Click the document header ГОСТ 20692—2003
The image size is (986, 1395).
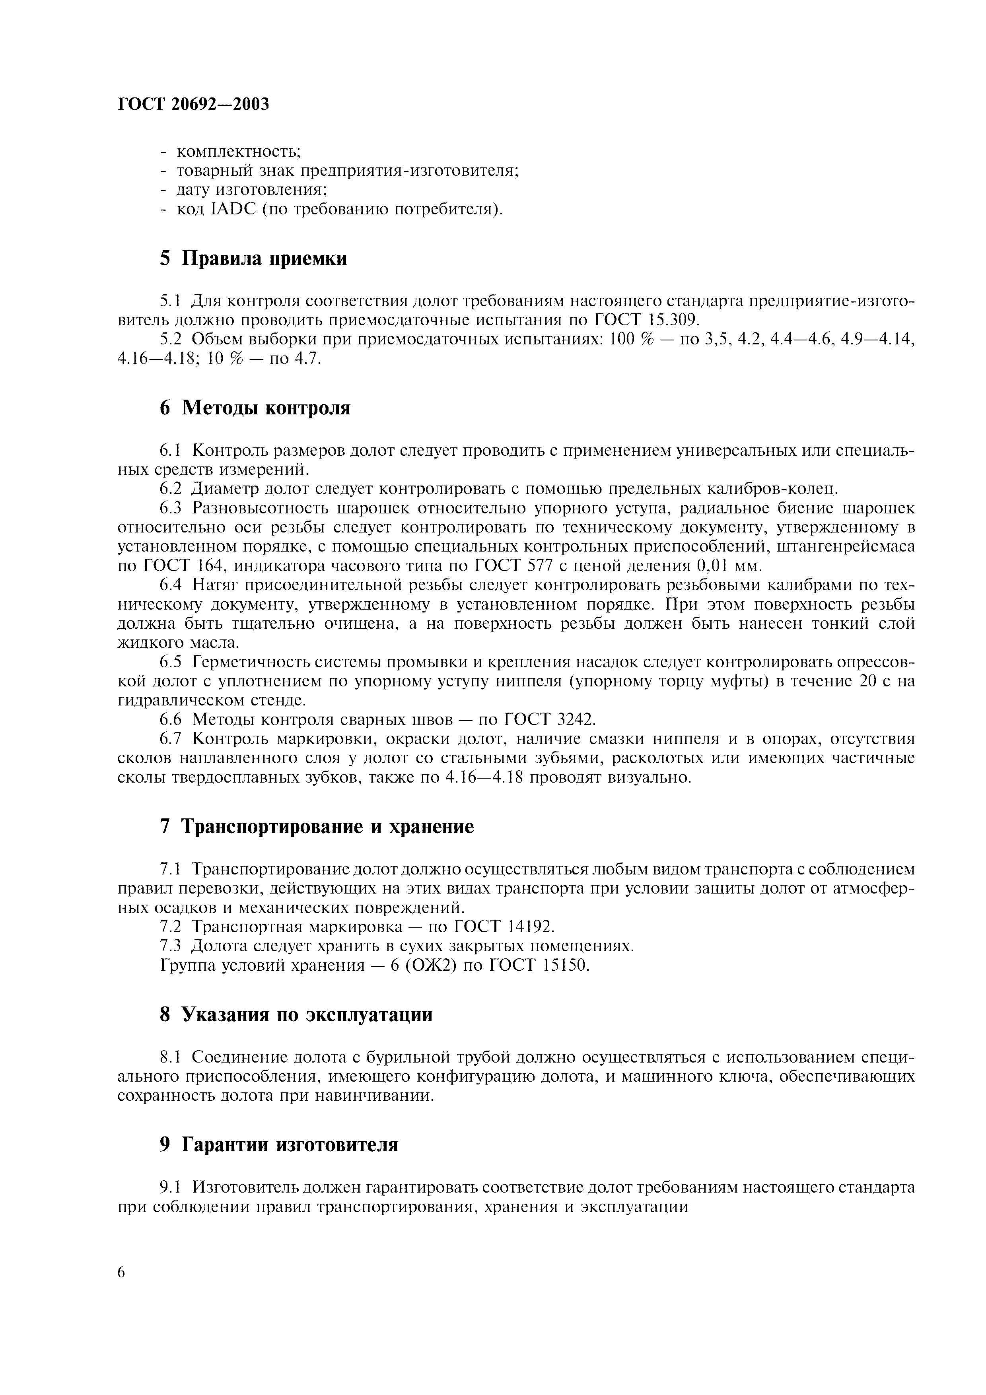193,105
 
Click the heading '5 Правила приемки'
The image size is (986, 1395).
253,258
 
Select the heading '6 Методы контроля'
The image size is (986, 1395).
255,408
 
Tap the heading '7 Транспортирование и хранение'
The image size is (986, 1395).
317,827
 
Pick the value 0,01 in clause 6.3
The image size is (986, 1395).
716,565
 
